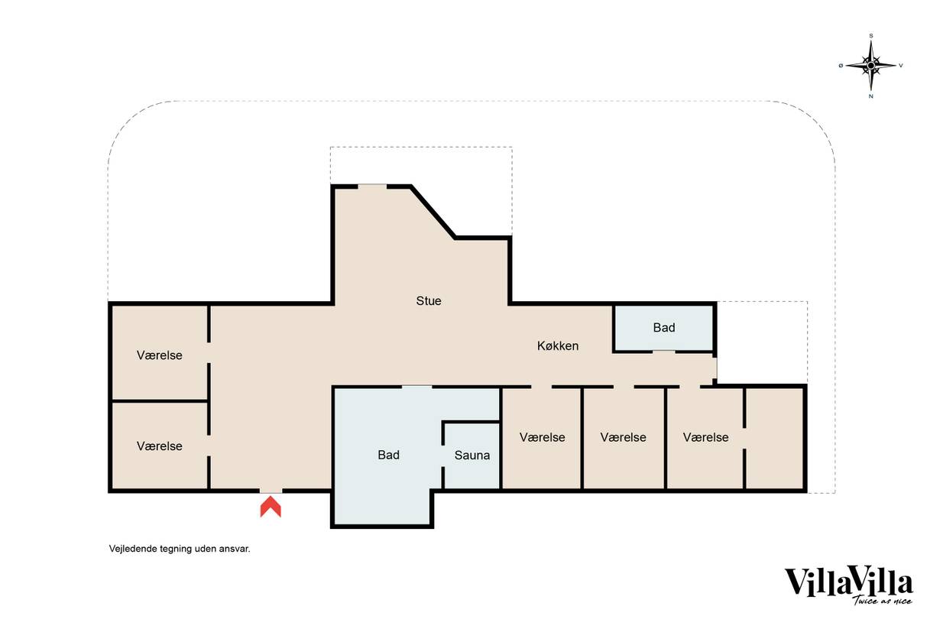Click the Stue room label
point(429,300)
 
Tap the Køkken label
point(558,345)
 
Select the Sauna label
point(472,455)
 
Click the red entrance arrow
point(271,507)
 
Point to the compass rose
point(871,66)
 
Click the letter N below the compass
point(871,96)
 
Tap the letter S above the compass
point(871,36)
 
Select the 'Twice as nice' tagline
point(882,601)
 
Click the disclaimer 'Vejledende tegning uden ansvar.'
point(180,549)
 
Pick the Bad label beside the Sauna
point(388,455)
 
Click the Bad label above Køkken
point(664,328)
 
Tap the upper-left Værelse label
point(160,355)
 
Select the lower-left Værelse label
point(160,446)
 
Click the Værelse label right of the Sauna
point(543,437)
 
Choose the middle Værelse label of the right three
point(623,437)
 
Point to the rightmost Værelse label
point(705,437)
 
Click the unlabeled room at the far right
point(775,438)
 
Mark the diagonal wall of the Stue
point(433,212)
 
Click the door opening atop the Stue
point(372,186)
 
